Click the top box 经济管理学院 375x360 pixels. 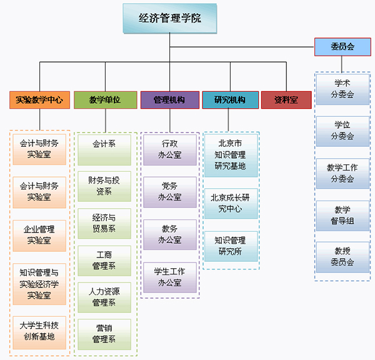pos(170,18)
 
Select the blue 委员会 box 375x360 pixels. pos(342,47)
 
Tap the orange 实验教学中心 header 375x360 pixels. pos(39,100)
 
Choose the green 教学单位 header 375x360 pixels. pos(105,100)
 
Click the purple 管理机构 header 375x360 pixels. pos(169,100)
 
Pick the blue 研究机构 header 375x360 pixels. pos(230,100)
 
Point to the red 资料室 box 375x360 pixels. pos(286,100)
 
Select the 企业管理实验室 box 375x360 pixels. pos(39,235)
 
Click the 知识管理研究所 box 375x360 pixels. pos(231,246)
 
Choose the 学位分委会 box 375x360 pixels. pos(342,131)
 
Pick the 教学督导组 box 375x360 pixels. pos(342,215)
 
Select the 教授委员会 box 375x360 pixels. pos(342,257)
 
